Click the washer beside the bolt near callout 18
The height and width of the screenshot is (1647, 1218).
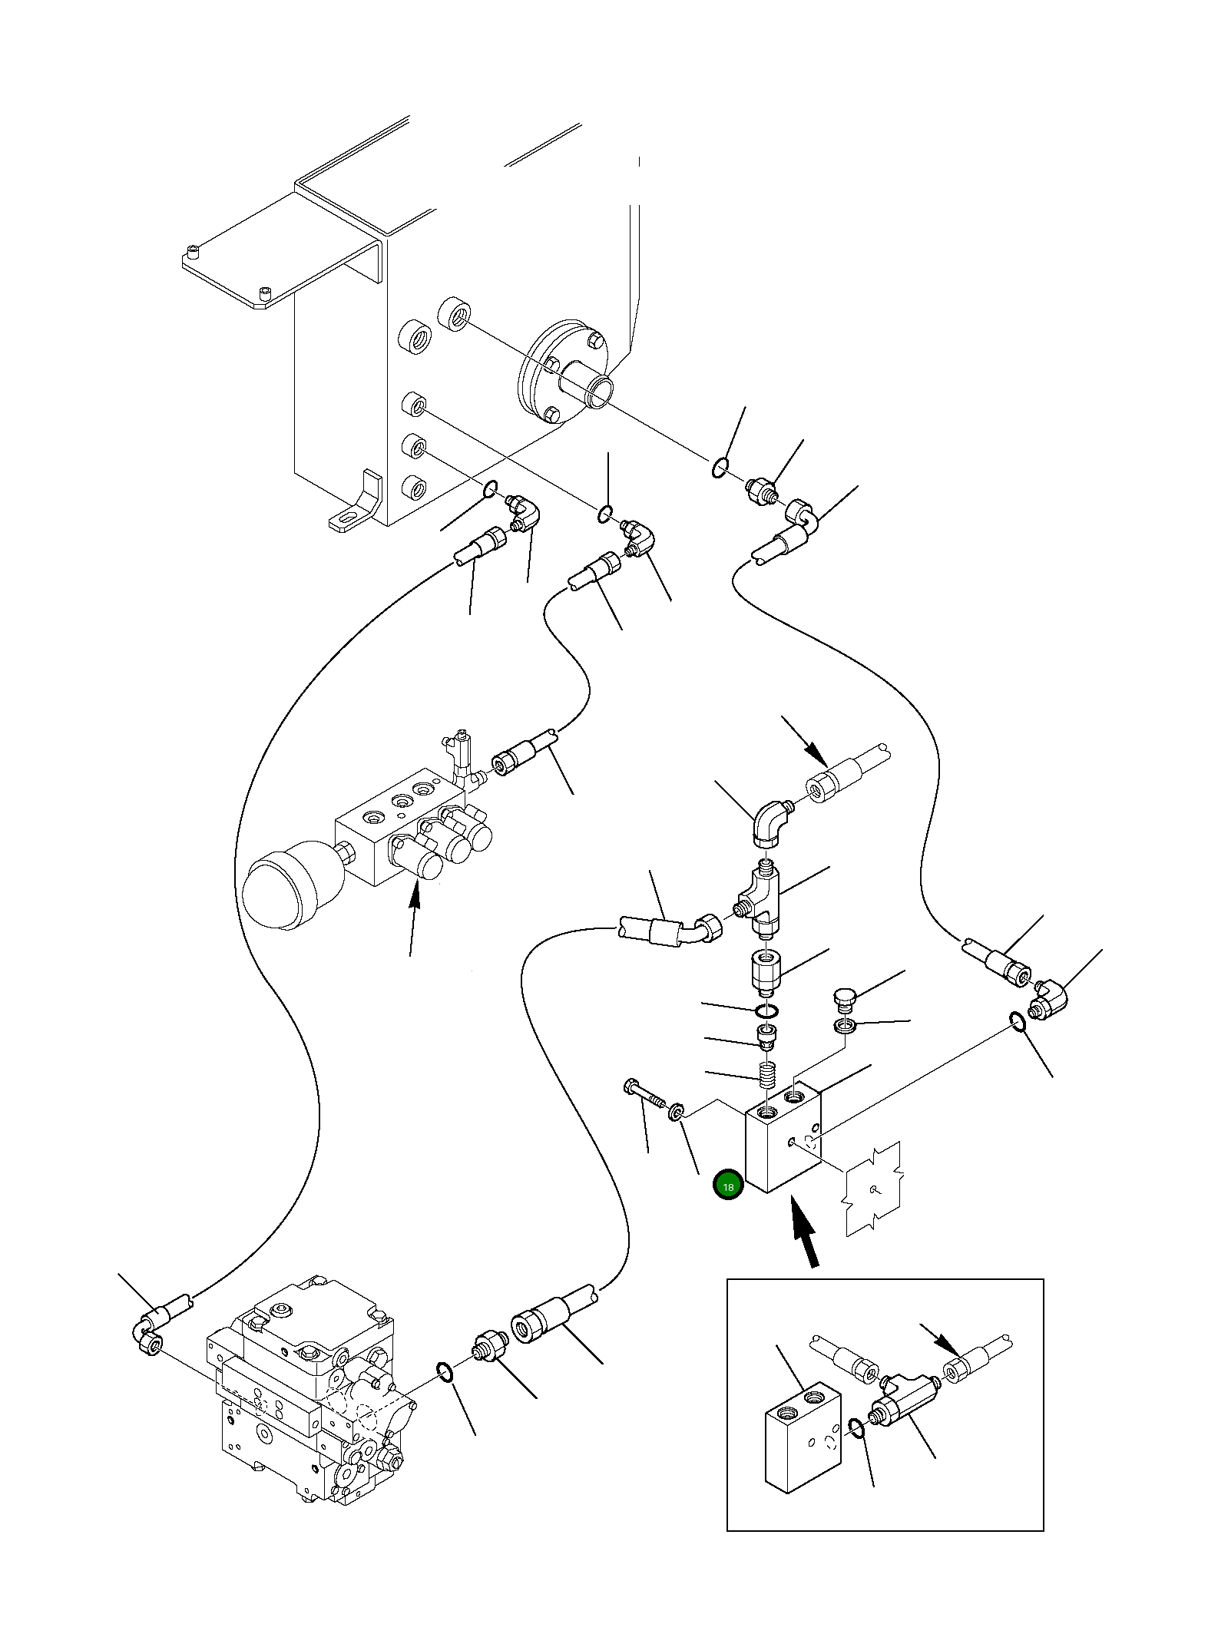(x=676, y=1110)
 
